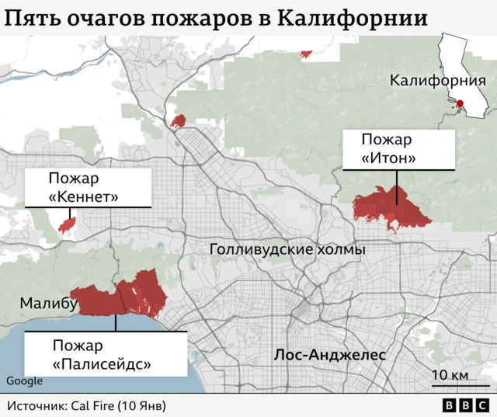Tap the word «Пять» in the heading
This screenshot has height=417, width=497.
click(31, 17)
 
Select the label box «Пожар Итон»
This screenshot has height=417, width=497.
click(397, 149)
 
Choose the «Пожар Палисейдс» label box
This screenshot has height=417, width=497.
click(106, 354)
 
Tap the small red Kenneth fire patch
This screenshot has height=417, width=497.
click(68, 224)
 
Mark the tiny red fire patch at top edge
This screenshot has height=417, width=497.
click(306, 54)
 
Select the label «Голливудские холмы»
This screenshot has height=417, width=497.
click(287, 250)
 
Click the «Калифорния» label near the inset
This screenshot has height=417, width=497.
click(437, 81)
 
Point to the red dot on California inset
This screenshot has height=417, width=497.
click(460, 104)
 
